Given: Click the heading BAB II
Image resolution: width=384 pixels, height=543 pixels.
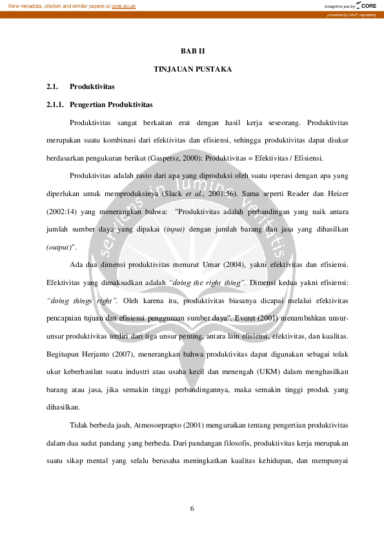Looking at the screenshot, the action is coord(192,51).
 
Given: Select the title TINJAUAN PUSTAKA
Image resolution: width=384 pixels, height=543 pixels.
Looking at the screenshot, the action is coord(192,68).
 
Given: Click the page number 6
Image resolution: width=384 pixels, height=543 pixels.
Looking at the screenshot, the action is coord(192,509).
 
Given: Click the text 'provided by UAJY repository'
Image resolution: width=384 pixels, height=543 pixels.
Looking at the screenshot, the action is coord(351,14).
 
